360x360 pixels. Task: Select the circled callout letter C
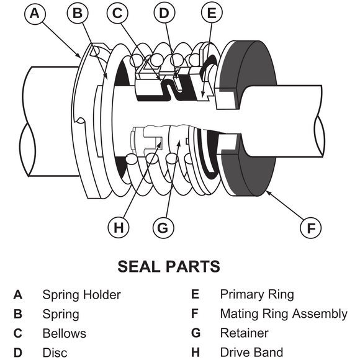(119, 13)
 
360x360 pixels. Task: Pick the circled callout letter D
(164, 13)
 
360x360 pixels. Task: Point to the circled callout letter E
(212, 13)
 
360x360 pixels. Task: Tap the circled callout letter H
(119, 228)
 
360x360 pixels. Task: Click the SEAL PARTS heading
(169, 267)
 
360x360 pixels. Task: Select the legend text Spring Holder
(81, 295)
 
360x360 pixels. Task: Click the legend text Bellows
(64, 333)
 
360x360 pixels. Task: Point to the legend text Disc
(55, 353)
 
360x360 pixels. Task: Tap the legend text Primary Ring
(256, 295)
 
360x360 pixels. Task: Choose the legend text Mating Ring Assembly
(283, 314)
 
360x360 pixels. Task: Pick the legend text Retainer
(244, 333)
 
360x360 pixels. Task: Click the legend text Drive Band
(251, 353)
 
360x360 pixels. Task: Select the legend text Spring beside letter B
(60, 314)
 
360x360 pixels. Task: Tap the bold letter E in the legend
(195, 295)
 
